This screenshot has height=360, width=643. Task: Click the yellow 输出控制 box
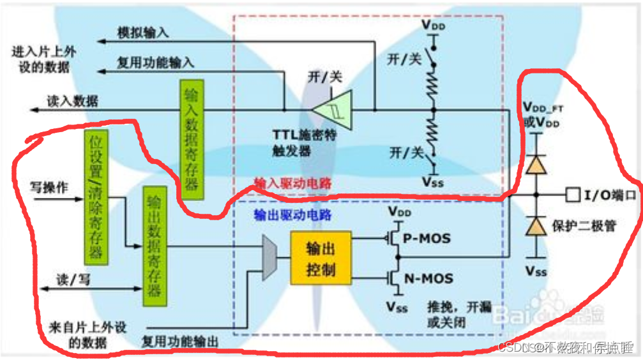point(321,259)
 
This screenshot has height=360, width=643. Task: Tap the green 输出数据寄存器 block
point(153,246)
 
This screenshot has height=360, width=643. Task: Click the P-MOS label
point(426,239)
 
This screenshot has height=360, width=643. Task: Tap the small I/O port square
point(572,193)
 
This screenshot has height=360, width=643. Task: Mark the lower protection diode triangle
point(535,225)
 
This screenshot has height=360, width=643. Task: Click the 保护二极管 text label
point(584,225)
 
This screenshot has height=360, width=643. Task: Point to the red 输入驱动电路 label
point(293,183)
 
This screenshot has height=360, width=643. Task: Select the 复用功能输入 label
point(156,63)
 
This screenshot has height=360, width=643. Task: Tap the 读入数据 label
point(72,101)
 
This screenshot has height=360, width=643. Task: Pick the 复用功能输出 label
point(181,342)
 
